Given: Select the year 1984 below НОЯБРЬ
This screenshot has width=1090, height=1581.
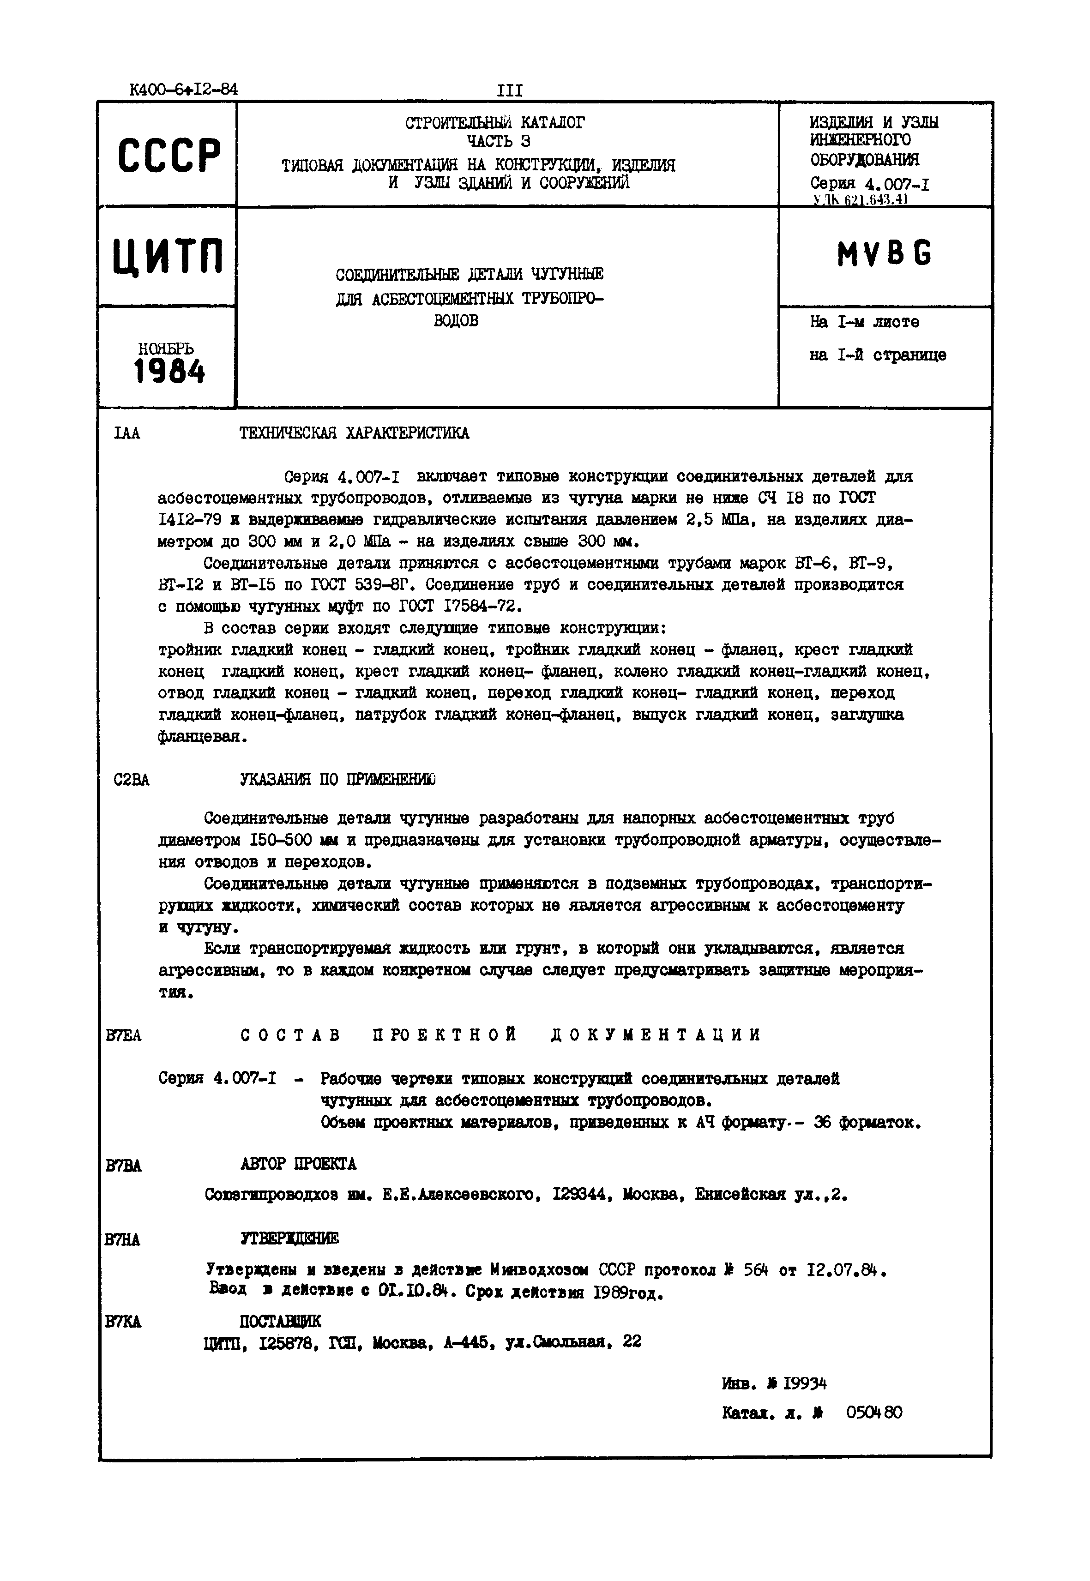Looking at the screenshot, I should tap(169, 372).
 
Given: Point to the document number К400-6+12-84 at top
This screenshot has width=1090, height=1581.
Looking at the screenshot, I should tap(183, 90).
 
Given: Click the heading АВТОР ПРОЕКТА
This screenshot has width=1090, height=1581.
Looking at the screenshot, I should tap(298, 1164).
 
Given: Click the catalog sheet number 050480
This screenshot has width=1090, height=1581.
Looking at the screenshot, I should tap(873, 1413).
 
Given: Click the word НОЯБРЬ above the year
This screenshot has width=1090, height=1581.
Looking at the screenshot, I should tap(166, 349).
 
